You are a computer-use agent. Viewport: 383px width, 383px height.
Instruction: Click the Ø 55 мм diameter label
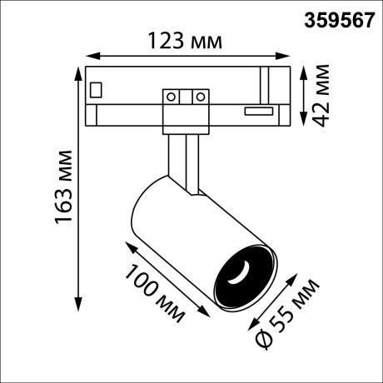point(288,314)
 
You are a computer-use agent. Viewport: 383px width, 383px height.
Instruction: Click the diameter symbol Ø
point(261,340)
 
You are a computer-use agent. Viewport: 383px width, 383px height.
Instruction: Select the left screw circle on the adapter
point(172,97)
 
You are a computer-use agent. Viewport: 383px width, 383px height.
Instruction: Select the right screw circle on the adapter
point(199,97)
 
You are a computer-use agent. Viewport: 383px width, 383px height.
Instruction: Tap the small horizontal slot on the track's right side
point(258,109)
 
